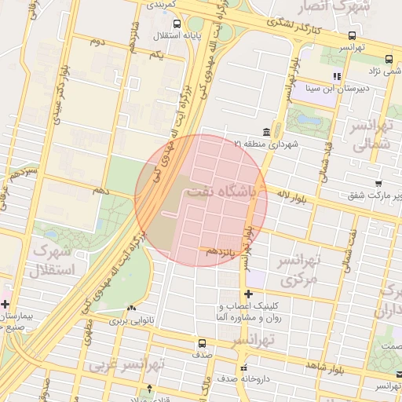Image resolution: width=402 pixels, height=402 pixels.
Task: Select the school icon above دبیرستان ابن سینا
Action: pyautogui.click(x=337, y=76)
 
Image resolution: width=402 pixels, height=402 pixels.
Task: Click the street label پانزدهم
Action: pyautogui.click(x=221, y=251)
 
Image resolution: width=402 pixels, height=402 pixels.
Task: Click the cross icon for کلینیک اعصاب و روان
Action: pyautogui.click(x=249, y=294)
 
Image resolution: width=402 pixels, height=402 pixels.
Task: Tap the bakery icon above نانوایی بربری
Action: pyautogui.click(x=130, y=309)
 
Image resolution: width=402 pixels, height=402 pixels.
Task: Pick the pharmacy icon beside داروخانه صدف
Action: pyautogui.click(x=243, y=367)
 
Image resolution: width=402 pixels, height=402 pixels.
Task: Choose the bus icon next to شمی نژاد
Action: pyautogui.click(x=389, y=59)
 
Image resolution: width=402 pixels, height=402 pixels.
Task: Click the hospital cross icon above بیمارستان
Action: pyautogui.click(x=5, y=304)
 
